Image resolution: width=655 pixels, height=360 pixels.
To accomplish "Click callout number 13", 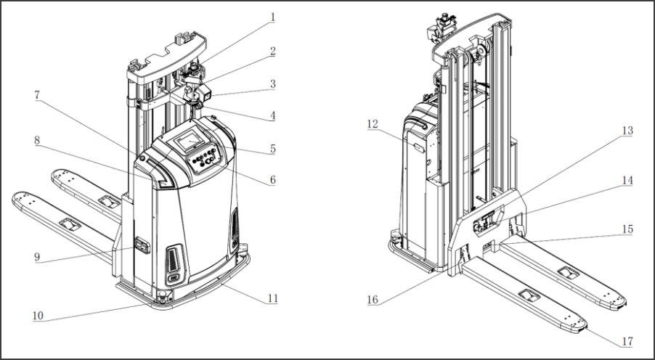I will [x=627, y=131].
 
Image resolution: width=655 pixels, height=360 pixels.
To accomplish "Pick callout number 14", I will [x=627, y=178].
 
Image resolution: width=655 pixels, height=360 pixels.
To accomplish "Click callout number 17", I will [x=627, y=340].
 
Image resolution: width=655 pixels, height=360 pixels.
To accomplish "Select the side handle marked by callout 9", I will [x=141, y=247].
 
